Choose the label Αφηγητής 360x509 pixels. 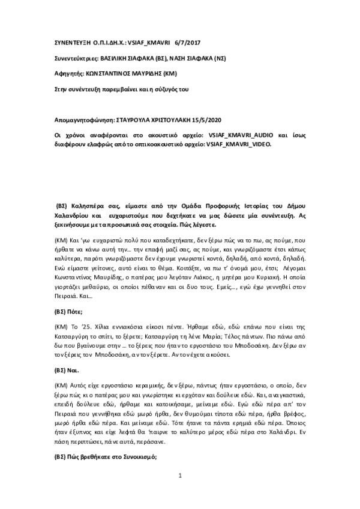(63, 73)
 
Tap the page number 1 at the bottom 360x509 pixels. (179, 493)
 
